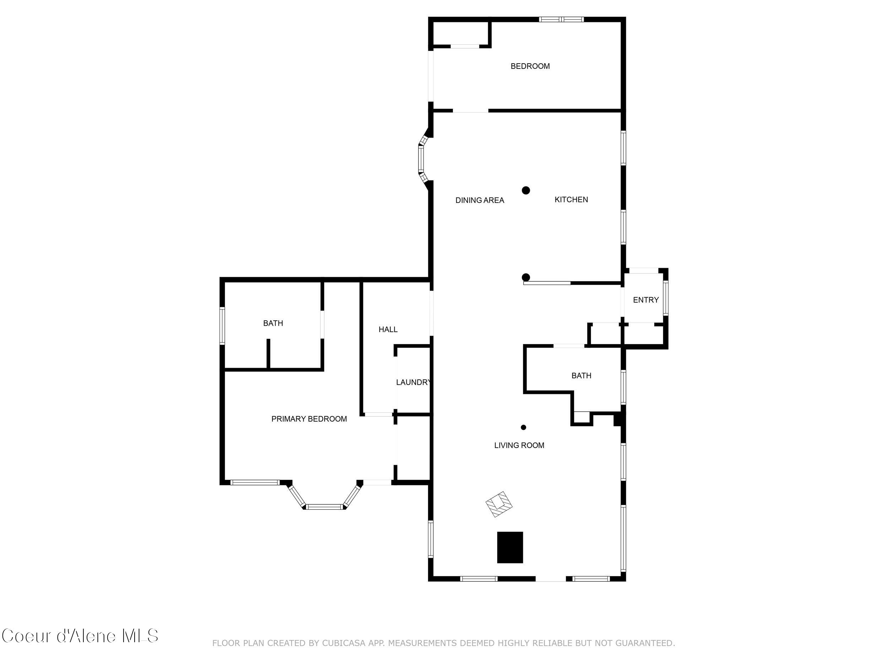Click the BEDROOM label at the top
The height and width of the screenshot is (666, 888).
click(x=530, y=66)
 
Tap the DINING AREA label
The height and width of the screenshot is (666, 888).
click(x=480, y=200)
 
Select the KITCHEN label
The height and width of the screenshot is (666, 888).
click(x=571, y=200)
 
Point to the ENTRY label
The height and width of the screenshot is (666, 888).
click(x=645, y=300)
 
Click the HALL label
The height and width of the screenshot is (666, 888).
click(x=388, y=330)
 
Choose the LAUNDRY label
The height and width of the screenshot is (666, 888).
click(x=413, y=382)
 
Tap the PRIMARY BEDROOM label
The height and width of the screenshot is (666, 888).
click(x=309, y=419)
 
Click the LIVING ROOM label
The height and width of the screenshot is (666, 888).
click(x=519, y=445)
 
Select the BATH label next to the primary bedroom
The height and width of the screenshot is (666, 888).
click(x=273, y=323)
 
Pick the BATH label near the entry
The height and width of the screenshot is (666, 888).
click(x=581, y=376)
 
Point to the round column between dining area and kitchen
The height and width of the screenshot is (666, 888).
click(x=526, y=190)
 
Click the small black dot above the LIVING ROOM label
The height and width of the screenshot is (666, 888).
click(x=524, y=428)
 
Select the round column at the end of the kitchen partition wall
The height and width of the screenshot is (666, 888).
click(x=526, y=277)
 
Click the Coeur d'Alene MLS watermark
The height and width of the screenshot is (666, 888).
click(x=80, y=636)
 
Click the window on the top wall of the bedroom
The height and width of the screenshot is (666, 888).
click(x=561, y=19)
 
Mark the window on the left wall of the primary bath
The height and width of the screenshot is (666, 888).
click(x=222, y=326)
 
